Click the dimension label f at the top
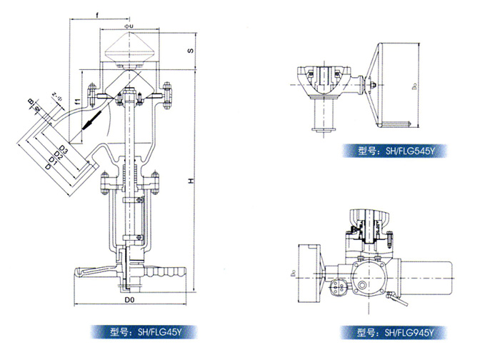coord(98,11)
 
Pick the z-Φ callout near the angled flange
coord(58,94)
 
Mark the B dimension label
coord(31,101)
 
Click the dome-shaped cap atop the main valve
coord(129,51)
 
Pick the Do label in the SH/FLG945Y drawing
coord(291,272)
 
